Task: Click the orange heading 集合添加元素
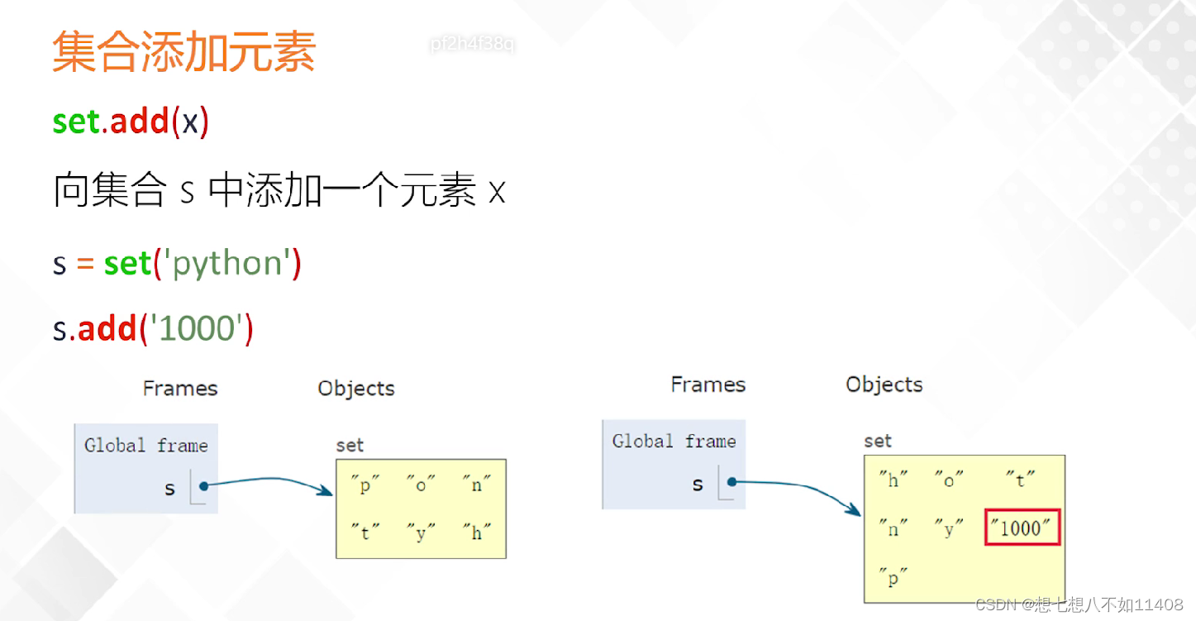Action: (x=183, y=51)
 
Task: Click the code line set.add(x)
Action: (x=131, y=121)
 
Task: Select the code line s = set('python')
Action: (x=177, y=264)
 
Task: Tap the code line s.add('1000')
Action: (x=153, y=328)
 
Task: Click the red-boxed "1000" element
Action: (x=1022, y=528)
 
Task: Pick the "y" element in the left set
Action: (x=421, y=533)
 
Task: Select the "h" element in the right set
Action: (x=893, y=480)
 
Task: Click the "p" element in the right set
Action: (x=892, y=578)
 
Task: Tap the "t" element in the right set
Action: (x=1021, y=480)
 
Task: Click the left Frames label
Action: (x=180, y=389)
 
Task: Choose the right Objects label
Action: (x=884, y=385)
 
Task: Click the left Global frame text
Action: (x=145, y=446)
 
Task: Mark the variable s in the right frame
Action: (x=698, y=485)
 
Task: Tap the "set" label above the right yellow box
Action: (x=877, y=441)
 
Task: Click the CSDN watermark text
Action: (x=1079, y=604)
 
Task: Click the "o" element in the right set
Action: (x=949, y=480)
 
